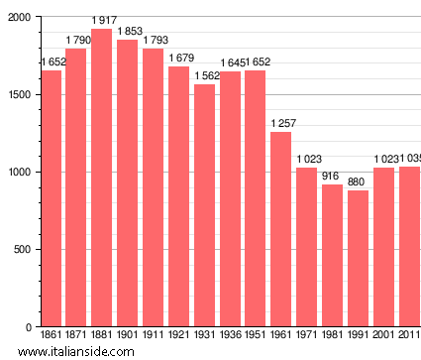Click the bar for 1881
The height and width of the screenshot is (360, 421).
(x=101, y=179)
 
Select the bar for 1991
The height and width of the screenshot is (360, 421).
(x=358, y=258)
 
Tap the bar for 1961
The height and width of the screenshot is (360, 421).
(x=280, y=229)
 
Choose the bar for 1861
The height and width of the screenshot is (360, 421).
(x=51, y=198)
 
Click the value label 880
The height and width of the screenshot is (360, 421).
(x=358, y=181)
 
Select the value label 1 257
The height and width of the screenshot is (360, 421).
(x=282, y=123)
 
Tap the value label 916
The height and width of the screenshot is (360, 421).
(x=332, y=176)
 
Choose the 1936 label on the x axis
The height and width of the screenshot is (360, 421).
(x=230, y=336)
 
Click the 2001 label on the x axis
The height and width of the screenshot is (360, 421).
(x=383, y=336)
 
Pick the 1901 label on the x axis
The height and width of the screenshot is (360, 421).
(x=127, y=336)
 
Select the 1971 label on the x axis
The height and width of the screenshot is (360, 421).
(x=306, y=336)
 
